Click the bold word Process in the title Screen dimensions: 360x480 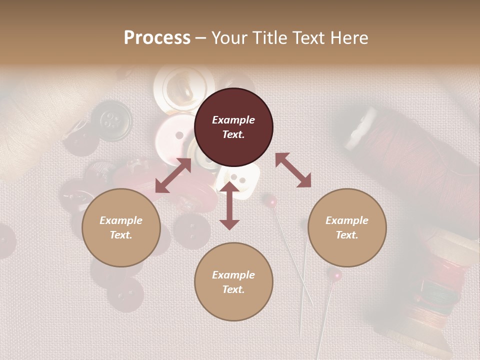click(157, 38)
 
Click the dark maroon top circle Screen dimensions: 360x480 click(233, 127)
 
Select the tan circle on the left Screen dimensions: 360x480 click(121, 227)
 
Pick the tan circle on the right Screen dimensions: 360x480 click(347, 227)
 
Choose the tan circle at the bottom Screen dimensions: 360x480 click(233, 282)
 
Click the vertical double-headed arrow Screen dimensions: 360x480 click(229, 205)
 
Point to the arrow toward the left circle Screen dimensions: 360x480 click(173, 175)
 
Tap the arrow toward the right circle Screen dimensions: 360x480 click(293, 170)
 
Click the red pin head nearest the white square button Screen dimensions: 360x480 click(271, 201)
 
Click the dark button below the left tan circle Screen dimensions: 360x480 click(125, 295)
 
